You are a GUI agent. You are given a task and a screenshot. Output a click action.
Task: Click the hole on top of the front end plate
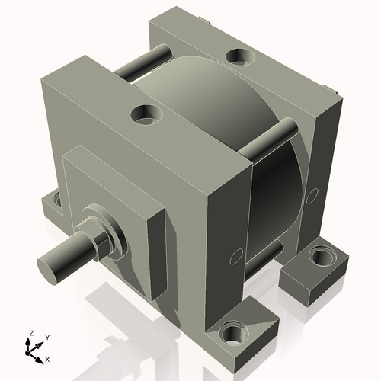(146, 115)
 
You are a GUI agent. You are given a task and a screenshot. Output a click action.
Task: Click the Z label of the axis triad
(30, 334)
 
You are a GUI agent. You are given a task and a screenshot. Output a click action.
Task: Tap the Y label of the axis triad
(46, 337)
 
